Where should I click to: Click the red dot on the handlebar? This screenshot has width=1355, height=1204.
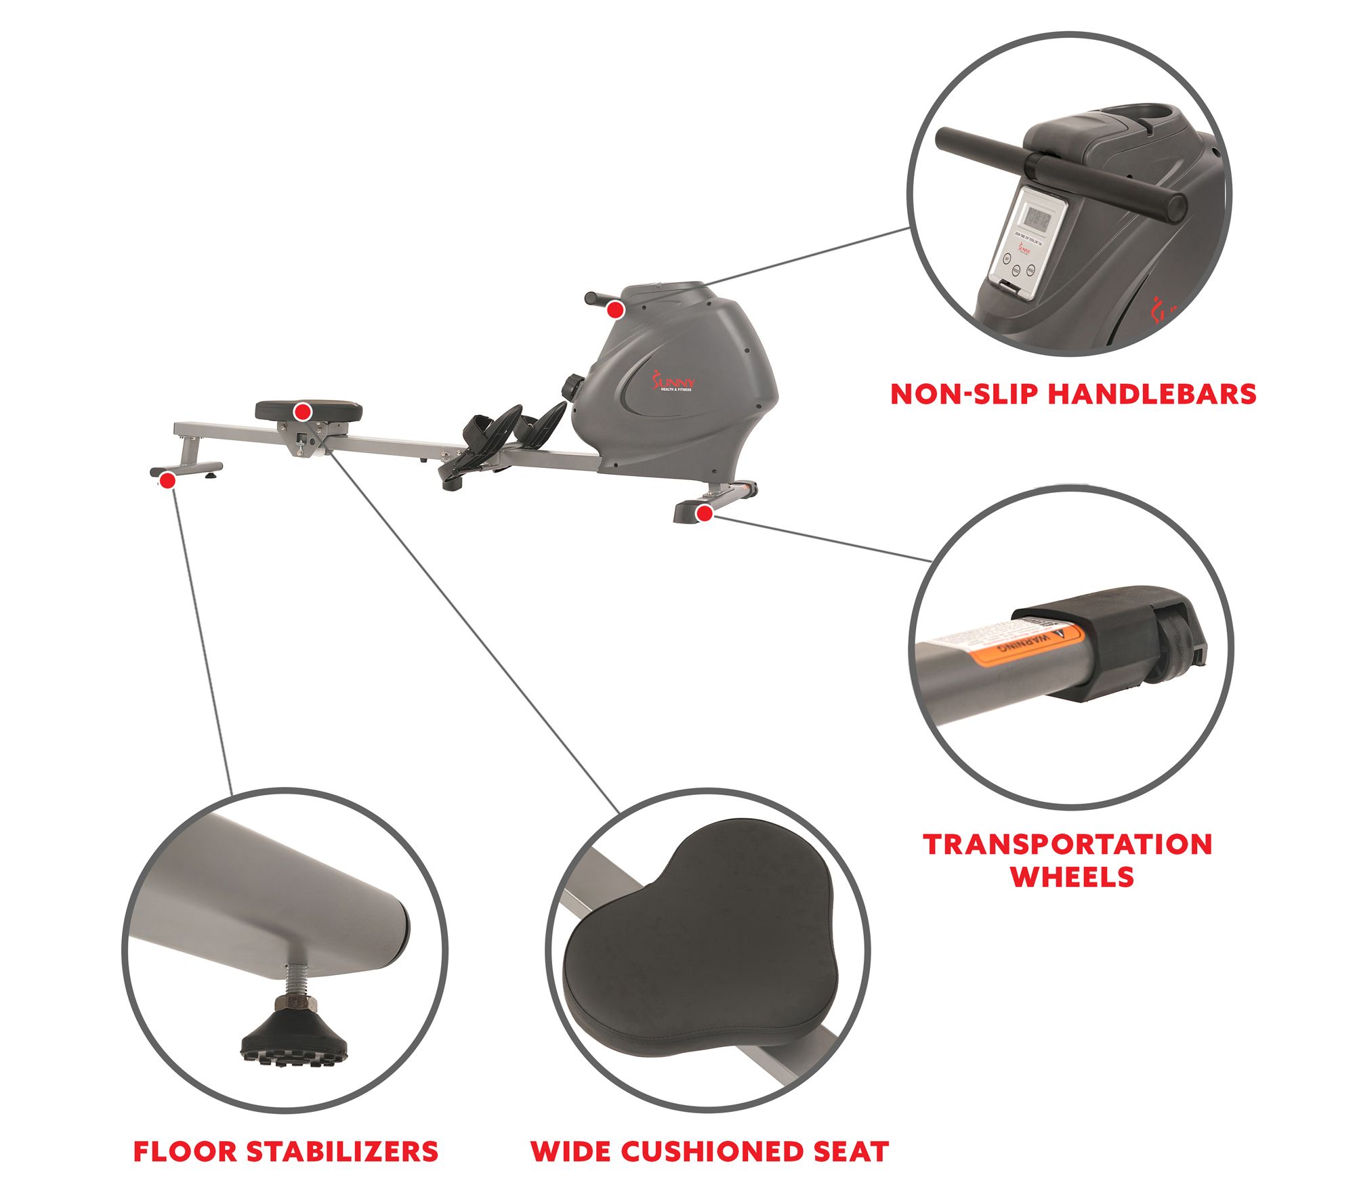614,310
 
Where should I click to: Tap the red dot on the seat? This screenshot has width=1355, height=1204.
303,411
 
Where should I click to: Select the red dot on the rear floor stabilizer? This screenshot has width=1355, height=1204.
167,481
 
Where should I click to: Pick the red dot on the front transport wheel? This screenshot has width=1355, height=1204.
705,513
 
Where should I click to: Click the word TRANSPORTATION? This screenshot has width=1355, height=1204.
1068,844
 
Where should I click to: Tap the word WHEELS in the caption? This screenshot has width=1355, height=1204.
1072,877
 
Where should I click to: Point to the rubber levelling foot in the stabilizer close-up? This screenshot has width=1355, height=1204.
294,1034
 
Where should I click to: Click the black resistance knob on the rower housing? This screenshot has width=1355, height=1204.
571,387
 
